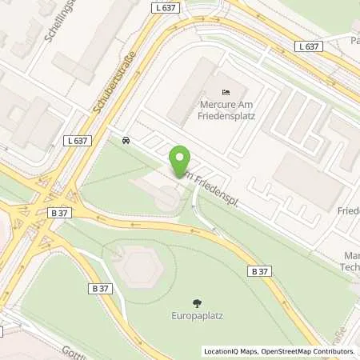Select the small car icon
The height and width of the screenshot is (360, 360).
point(126,141)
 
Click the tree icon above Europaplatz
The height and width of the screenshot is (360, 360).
point(197,302)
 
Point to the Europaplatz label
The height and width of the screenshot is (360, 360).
point(197,316)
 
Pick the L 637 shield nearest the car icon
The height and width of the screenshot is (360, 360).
point(78,140)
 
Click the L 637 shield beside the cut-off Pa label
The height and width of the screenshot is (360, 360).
point(310,47)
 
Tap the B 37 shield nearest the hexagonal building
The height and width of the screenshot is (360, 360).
point(99,288)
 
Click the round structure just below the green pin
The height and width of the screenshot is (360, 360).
point(167,199)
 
